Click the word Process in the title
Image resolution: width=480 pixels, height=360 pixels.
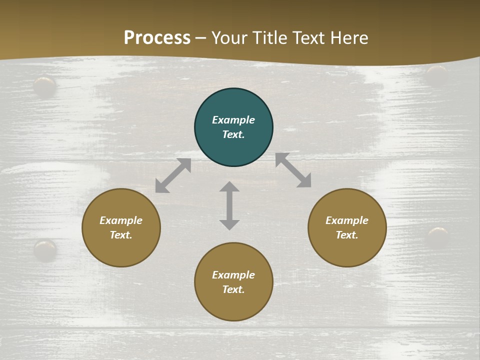point(157,38)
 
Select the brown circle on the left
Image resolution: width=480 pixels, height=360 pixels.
point(121,227)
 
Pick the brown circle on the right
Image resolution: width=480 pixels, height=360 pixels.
point(347,227)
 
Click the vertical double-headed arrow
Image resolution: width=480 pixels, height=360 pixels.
point(229,205)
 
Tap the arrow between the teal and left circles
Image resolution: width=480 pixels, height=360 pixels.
point(173,175)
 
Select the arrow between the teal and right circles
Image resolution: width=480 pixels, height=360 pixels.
point(293,170)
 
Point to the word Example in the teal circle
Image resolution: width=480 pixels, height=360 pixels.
point(233,120)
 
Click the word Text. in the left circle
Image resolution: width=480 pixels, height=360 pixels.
point(121,235)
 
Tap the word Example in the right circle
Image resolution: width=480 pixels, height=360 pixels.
point(347,220)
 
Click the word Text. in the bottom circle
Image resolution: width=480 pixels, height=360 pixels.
point(233,289)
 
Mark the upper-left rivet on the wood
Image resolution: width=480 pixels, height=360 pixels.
point(45,86)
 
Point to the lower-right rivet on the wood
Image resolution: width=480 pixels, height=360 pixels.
point(438,236)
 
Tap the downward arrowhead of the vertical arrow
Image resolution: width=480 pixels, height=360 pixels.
point(229,224)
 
